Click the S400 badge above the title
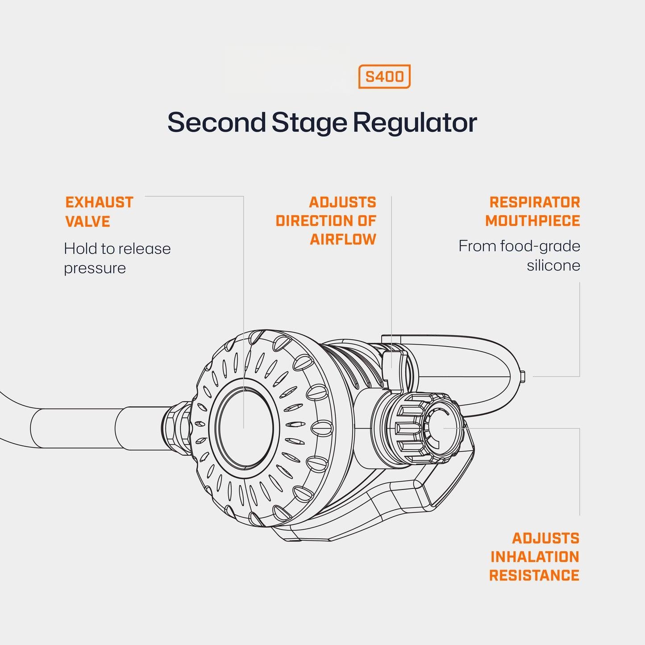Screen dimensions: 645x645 pyautogui.click(x=384, y=77)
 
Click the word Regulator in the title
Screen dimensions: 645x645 pyautogui.click(x=415, y=122)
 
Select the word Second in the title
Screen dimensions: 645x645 pyautogui.click(x=216, y=122)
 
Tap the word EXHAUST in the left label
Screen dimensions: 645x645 pyautogui.click(x=99, y=202)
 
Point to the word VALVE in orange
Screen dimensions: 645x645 pyautogui.click(x=87, y=221)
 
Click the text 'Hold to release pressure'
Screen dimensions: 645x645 pyautogui.click(x=117, y=258)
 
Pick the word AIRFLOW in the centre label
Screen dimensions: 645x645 pyautogui.click(x=343, y=239)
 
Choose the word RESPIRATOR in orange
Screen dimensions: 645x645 pyautogui.click(x=534, y=202)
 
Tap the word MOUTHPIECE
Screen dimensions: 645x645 pyautogui.click(x=533, y=221)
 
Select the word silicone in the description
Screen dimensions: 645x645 pyautogui.click(x=553, y=265)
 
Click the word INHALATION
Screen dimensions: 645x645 pyautogui.click(x=534, y=557)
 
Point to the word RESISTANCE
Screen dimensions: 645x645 pyautogui.click(x=534, y=575)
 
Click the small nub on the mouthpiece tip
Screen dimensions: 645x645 pyautogui.click(x=524, y=376)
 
